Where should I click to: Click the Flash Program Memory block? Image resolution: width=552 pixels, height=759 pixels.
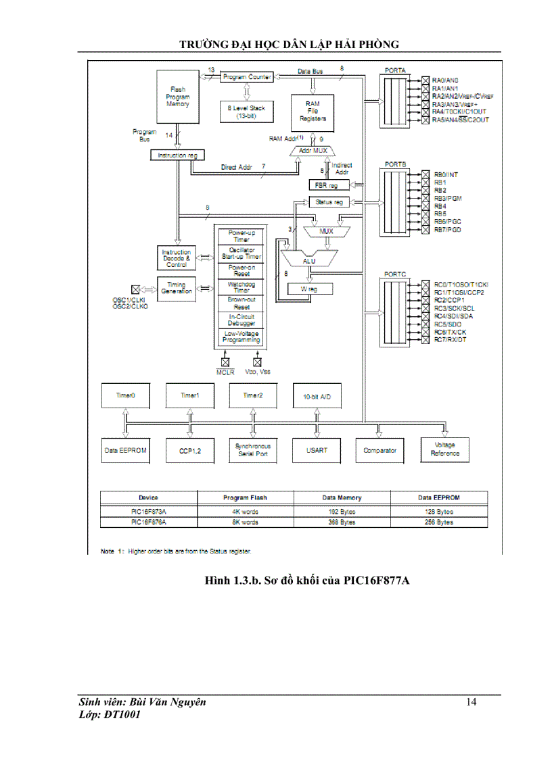click(179, 96)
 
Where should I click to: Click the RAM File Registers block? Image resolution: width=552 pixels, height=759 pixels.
click(313, 111)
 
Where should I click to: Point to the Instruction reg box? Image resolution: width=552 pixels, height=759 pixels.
click(177, 155)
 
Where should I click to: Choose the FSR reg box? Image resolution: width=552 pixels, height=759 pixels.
click(327, 185)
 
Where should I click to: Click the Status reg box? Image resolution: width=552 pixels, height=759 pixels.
click(329, 201)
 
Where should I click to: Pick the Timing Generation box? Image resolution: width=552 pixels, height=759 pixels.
click(176, 287)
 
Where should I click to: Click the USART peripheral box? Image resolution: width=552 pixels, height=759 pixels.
click(315, 450)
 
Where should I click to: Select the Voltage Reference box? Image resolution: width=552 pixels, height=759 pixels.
click(444, 450)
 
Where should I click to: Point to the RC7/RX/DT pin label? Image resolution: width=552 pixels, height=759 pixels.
click(451, 339)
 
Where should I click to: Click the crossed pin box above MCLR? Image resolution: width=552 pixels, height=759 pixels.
click(225, 362)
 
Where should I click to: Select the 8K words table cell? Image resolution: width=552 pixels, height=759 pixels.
click(245, 522)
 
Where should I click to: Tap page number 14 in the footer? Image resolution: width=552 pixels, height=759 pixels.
click(471, 702)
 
